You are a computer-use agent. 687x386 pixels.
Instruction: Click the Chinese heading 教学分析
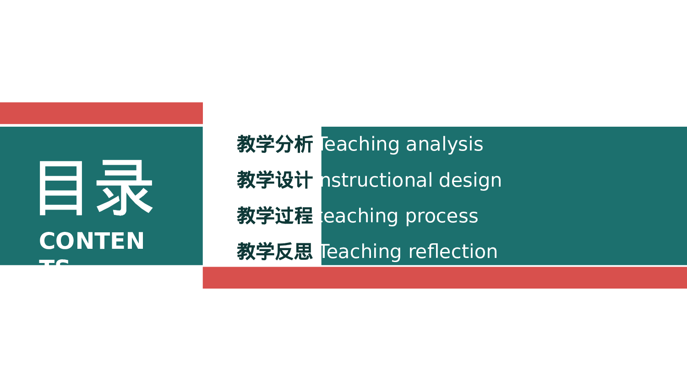[274, 145]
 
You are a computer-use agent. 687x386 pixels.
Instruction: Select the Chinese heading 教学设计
[274, 180]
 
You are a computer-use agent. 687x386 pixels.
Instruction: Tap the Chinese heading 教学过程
[274, 216]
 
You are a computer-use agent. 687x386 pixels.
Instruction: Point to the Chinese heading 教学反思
[274, 252]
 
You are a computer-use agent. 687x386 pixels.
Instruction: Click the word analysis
[444, 145]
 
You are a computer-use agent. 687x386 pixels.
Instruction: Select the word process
[442, 216]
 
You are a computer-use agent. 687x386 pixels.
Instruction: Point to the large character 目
[61, 188]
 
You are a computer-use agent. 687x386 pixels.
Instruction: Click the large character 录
[124, 188]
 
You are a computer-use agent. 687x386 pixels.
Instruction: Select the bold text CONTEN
[92, 241]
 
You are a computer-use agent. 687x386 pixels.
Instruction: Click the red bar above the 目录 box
[101, 113]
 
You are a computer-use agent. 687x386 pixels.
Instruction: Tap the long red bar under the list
[444, 278]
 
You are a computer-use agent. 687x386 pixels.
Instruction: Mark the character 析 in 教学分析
[304, 145]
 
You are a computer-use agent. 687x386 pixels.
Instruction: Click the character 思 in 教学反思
[304, 252]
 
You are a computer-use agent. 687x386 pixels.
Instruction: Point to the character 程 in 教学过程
[304, 216]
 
